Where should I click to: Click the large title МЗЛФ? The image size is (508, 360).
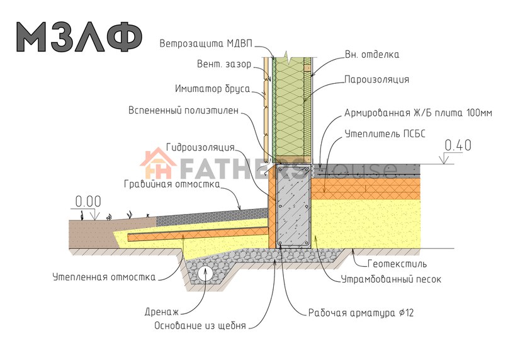[79, 37]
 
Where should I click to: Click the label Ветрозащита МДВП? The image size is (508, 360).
[206, 44]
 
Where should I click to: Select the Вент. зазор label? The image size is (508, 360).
[224, 64]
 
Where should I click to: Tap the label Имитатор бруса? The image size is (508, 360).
[213, 89]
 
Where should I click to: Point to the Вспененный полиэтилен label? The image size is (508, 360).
[183, 110]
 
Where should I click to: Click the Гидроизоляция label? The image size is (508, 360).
[200, 147]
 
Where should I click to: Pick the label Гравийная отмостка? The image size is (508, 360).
[172, 184]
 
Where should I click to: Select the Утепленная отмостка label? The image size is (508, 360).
[104, 277]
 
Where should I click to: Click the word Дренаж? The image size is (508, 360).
[162, 312]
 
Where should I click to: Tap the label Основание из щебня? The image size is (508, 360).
[200, 325]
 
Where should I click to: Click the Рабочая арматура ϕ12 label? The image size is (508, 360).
[361, 313]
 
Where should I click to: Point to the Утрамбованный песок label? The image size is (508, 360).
[391, 279]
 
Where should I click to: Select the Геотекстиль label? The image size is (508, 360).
[397, 264]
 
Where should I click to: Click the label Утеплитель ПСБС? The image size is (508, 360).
[385, 133]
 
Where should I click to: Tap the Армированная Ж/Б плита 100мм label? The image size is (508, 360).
[418, 113]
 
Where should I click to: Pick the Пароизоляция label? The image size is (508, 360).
[376, 79]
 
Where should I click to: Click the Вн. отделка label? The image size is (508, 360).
[371, 54]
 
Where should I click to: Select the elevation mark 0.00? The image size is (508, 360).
[88, 201]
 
